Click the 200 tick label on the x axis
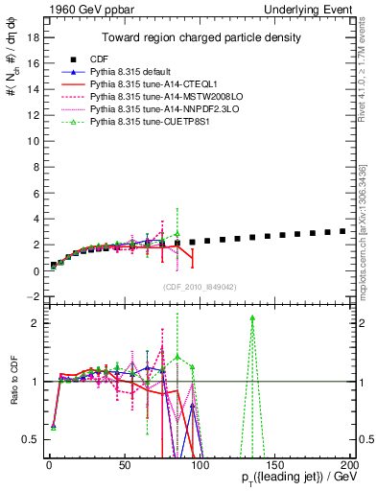(x=349, y=464)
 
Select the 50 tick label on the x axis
(x=124, y=464)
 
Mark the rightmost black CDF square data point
(x=343, y=231)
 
